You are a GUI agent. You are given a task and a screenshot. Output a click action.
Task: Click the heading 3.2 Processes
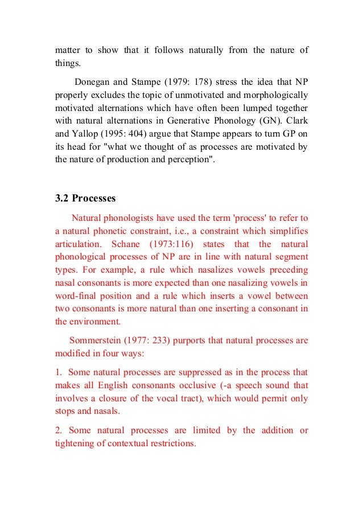tap(85, 198)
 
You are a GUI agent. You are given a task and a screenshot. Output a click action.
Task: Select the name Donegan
tap(93, 81)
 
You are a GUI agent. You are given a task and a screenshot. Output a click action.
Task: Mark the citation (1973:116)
tap(176, 243)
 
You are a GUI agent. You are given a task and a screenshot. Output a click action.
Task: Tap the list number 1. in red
tap(58, 372)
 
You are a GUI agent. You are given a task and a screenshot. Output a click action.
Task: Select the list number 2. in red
tap(58, 430)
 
